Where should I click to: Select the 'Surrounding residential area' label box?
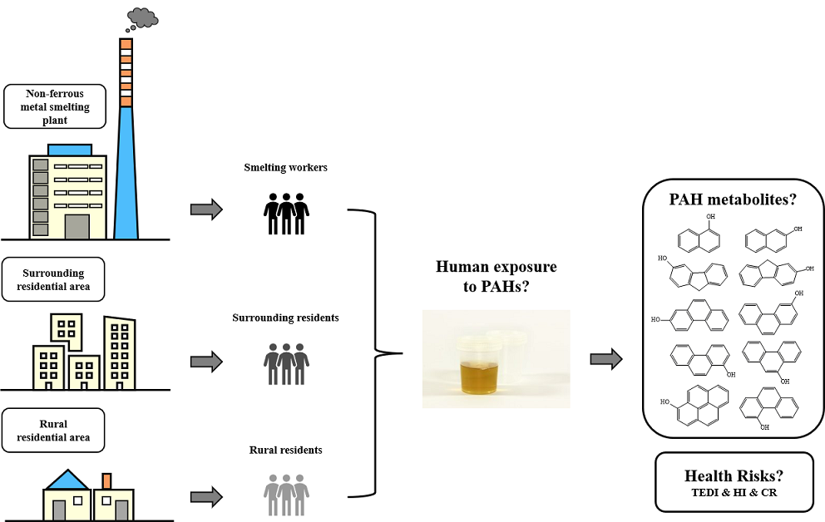54,279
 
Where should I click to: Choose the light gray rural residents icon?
286,494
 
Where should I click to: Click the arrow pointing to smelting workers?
206,209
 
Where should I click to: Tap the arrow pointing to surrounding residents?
206,362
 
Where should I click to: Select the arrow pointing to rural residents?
206,497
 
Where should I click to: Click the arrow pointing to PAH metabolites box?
605,359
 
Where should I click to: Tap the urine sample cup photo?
496,358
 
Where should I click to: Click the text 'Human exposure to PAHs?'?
496,278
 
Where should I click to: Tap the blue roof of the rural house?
67,479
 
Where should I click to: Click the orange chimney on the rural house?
107,480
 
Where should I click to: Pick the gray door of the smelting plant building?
77,226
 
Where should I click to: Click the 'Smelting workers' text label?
286,168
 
